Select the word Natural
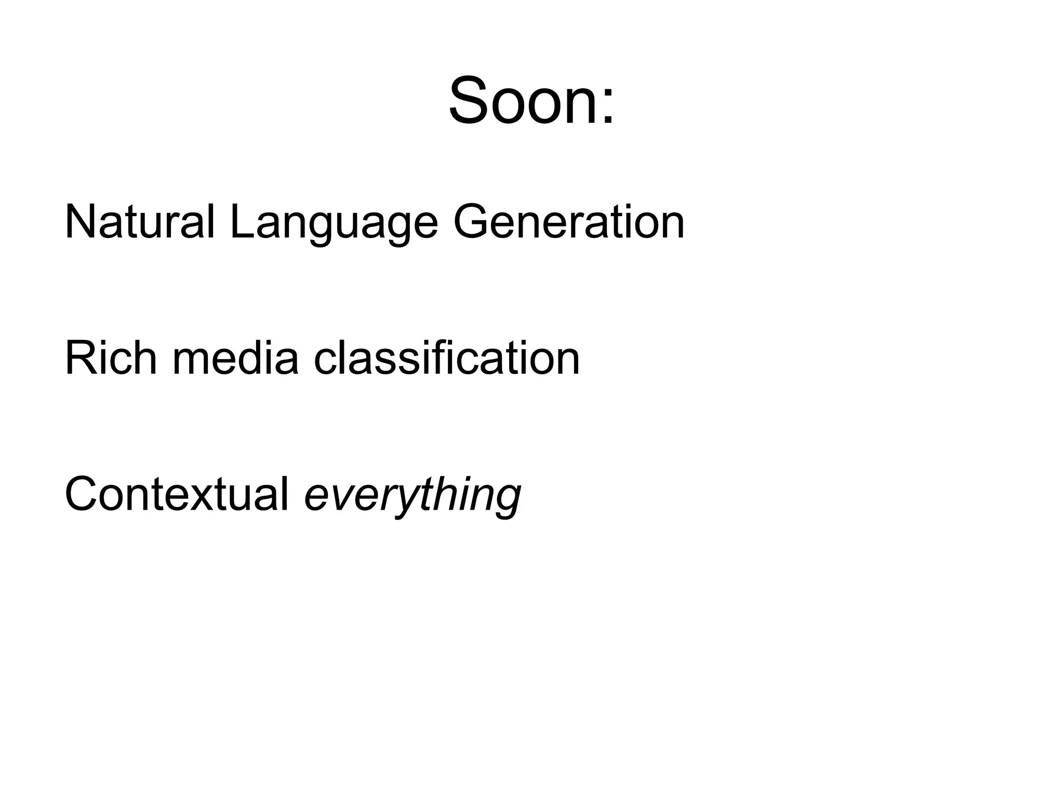click(x=139, y=222)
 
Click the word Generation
click(x=569, y=222)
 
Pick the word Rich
click(x=111, y=358)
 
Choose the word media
click(x=235, y=358)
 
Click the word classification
click(x=447, y=358)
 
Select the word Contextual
click(x=177, y=494)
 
